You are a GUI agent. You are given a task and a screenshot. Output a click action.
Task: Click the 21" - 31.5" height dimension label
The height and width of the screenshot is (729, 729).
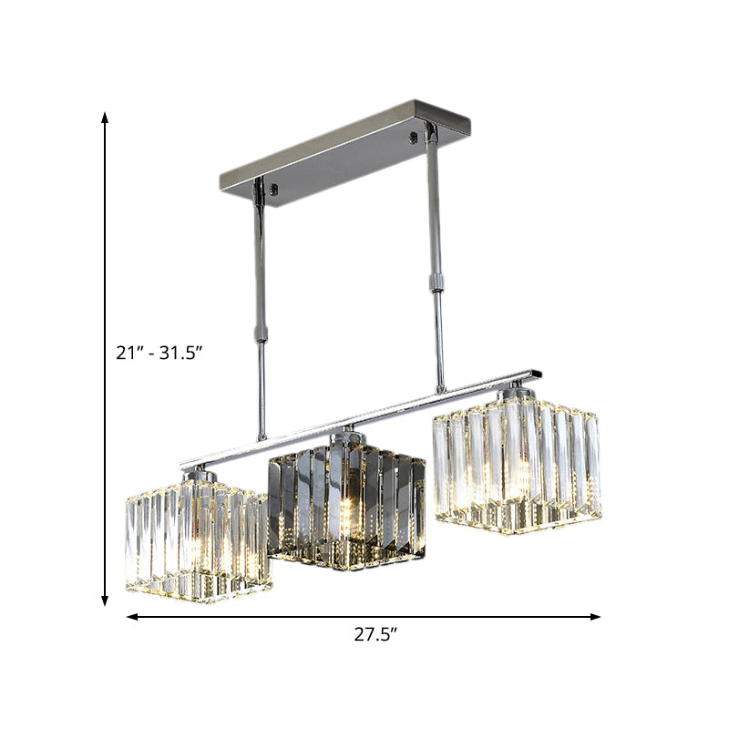tap(159, 354)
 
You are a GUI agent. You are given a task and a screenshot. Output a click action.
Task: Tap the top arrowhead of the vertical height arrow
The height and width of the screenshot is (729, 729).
tap(106, 118)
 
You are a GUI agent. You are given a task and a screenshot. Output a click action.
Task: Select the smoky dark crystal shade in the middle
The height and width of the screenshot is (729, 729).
tap(345, 506)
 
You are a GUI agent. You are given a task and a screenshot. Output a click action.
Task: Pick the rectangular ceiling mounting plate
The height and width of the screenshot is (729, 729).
tap(344, 152)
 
